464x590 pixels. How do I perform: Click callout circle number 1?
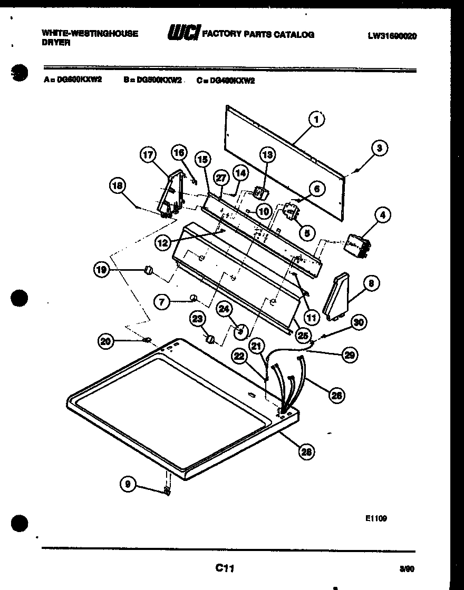coord(316,120)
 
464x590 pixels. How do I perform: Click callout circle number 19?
coord(102,270)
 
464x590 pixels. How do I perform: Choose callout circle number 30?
coord(359,322)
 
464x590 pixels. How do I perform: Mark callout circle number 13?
coord(268,154)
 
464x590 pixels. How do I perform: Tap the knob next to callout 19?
coord(149,270)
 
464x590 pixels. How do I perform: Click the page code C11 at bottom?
coord(224,568)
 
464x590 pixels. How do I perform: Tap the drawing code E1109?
coord(376,518)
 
